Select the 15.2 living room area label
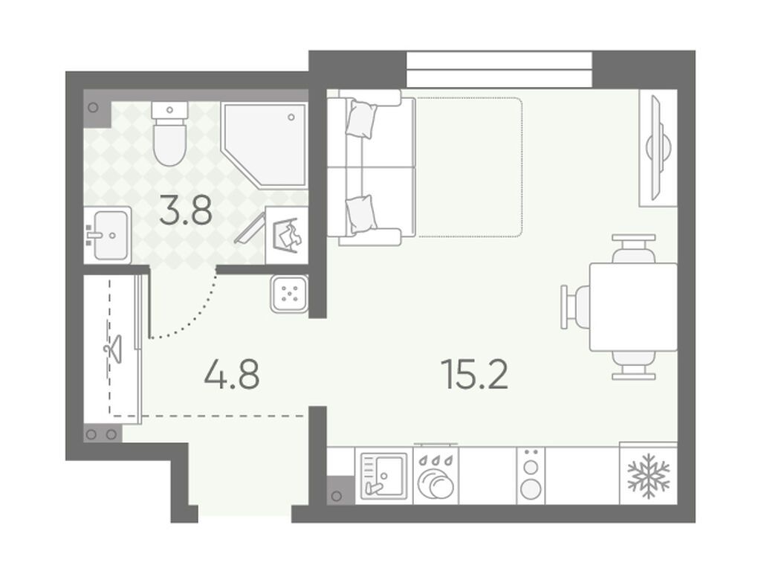pyautogui.click(x=474, y=375)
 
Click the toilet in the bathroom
pyautogui.click(x=169, y=133)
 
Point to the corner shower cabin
pyautogui.click(x=265, y=144)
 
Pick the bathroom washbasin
pyautogui.click(x=108, y=236)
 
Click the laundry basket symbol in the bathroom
pyautogui.click(x=288, y=236)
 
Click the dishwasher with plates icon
pyautogui.click(x=435, y=476)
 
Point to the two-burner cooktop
pyautogui.click(x=531, y=476)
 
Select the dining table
pyautogui.click(x=633, y=307)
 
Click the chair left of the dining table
pyautogui.click(x=576, y=307)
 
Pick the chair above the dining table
pyautogui.click(x=634, y=248)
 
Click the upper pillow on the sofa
pyautogui.click(x=362, y=119)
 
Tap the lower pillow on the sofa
pyautogui.click(x=362, y=214)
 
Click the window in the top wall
pyautogui.click(x=499, y=69)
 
